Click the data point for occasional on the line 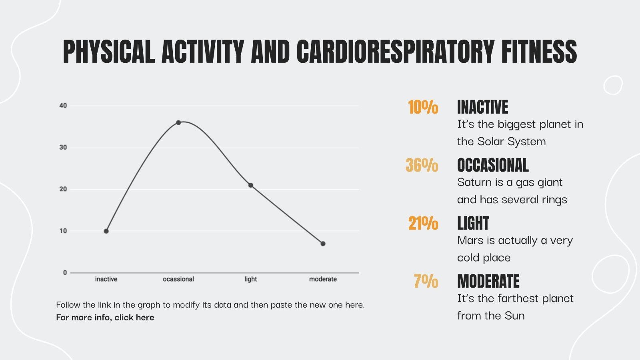178,122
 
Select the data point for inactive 106,231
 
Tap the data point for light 251,185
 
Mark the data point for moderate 323,244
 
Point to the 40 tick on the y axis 63,106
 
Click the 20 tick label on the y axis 63,189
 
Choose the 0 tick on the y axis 65,273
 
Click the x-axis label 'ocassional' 178,279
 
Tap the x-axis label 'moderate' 323,279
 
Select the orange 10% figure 423,108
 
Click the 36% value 422,166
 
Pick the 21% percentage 423,224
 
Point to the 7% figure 426,282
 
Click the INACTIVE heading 482,108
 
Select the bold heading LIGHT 473,224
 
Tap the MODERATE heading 488,282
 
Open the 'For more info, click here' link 105,318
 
